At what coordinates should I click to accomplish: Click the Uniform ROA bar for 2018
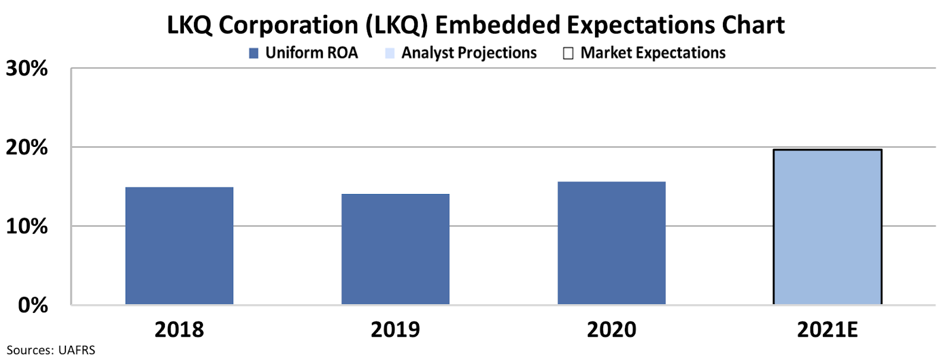coord(179,246)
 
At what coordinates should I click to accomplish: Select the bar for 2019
coord(395,249)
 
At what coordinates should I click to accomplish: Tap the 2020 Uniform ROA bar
coord(611,243)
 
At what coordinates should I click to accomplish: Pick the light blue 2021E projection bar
coord(827,227)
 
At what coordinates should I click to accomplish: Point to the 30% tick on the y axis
coord(27,69)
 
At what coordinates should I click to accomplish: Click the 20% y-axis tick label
coord(27,148)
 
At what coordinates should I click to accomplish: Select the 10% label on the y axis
coord(27,227)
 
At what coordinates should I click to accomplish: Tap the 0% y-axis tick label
coord(33,305)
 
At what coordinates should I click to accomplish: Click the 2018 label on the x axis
coord(179,329)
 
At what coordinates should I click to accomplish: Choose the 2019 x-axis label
coord(395,329)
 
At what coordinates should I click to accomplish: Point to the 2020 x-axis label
coord(611,329)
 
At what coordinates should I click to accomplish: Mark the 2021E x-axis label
coord(827,329)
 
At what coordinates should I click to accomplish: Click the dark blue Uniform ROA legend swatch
coord(253,54)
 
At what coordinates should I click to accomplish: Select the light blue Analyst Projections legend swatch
coord(390,54)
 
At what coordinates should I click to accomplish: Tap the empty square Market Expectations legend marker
coord(568,54)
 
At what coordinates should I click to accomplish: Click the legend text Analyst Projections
coord(469,53)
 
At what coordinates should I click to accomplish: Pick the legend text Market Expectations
coord(653,53)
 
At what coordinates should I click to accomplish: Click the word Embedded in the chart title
coord(497,25)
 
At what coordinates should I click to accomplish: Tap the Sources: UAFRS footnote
coord(51,350)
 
